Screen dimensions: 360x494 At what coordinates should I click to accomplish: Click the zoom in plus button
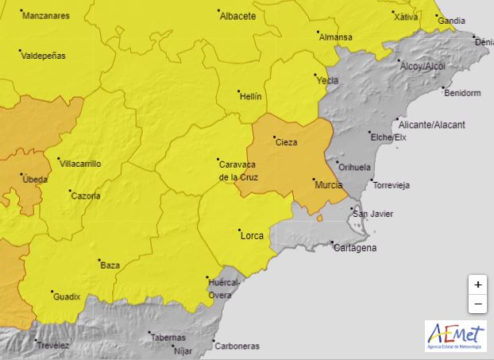coord(477,285)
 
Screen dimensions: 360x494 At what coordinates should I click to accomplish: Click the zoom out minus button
coord(477,304)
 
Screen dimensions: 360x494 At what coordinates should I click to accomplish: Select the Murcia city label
coord(329,184)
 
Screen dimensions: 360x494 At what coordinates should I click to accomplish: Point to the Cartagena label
coord(354,248)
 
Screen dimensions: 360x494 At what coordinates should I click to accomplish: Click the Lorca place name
coord(251,235)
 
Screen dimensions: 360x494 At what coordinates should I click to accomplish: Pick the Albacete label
coord(237,16)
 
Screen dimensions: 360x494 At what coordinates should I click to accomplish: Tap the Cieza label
coord(286,143)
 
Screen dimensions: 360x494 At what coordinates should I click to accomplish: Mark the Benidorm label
coord(463,93)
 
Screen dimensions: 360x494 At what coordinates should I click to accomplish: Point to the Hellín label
coord(250,96)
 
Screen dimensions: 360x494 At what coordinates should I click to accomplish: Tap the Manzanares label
coord(47,16)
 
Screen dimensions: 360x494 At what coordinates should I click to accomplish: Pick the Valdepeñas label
coord(44,56)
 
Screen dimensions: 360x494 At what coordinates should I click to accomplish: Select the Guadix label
coord(67,296)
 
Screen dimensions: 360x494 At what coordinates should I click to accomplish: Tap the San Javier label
coord(372,214)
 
